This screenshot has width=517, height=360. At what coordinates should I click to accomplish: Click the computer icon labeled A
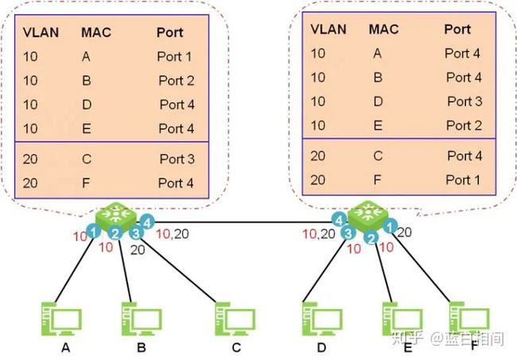61,319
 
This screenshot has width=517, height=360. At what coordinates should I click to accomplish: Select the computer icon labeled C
235,319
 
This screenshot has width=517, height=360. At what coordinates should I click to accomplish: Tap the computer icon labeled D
322,319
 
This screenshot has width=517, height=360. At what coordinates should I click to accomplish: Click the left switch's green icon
116,216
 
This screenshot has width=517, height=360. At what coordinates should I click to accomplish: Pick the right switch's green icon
368,215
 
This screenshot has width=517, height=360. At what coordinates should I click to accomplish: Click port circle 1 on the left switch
94,231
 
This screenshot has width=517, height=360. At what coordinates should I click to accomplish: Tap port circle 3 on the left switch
136,233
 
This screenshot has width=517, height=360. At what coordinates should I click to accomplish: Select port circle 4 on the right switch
340,220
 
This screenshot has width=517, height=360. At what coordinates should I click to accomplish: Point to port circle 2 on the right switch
371,238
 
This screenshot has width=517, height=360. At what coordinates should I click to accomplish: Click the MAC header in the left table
96,33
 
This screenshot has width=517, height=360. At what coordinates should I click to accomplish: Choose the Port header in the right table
457,29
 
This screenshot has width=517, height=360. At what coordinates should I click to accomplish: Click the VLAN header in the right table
328,29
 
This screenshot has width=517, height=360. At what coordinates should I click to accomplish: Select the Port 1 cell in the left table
174,56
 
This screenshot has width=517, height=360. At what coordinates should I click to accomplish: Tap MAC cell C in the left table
87,159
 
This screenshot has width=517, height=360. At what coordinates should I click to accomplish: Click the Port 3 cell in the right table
465,101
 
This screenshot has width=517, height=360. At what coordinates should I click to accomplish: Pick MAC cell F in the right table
378,180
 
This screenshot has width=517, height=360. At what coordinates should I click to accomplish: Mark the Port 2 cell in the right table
464,125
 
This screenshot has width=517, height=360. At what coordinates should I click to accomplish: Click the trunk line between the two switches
243,222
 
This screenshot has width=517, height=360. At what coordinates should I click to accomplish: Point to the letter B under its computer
142,347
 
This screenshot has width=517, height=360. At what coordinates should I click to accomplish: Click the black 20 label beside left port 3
138,250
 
